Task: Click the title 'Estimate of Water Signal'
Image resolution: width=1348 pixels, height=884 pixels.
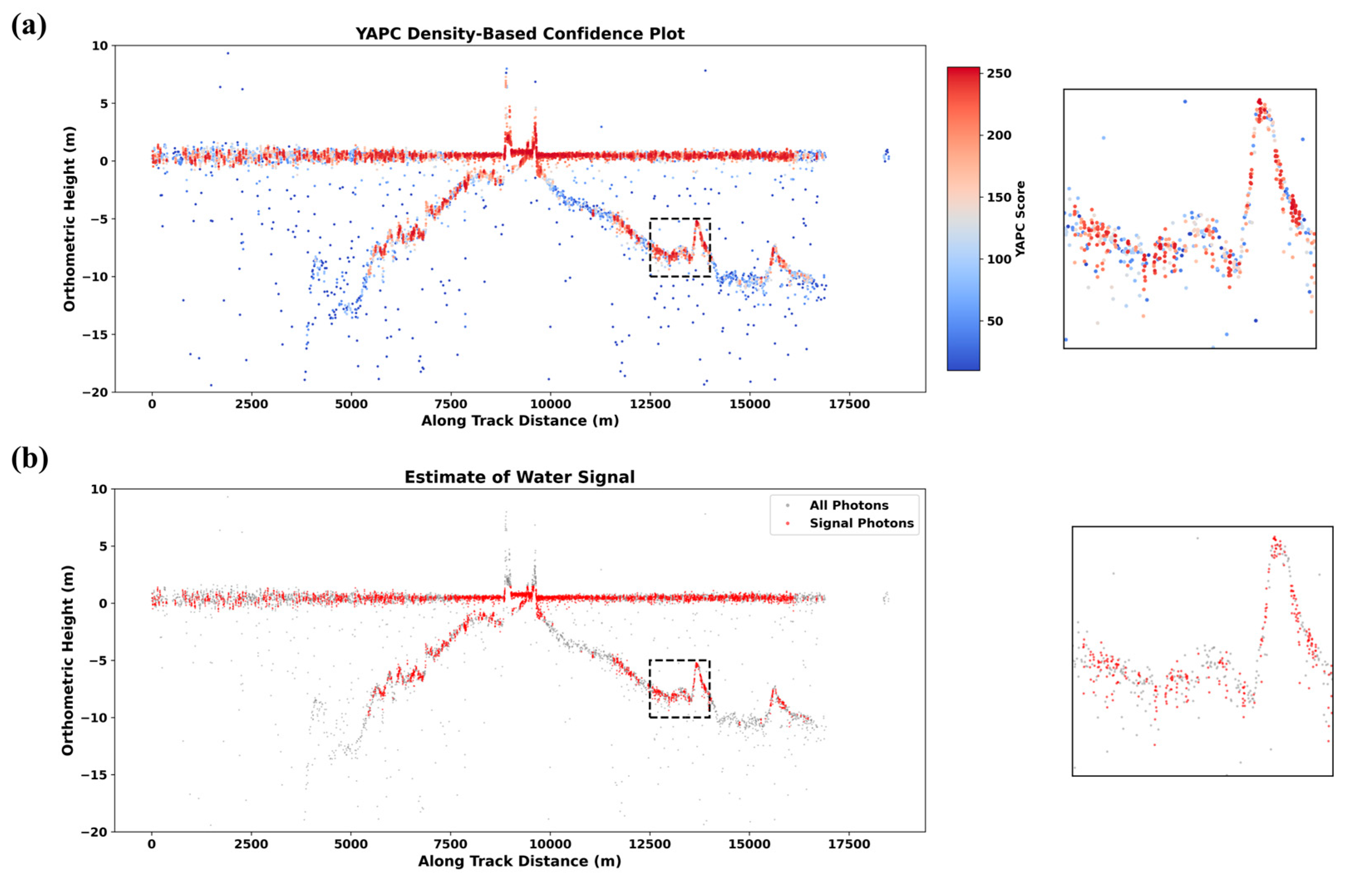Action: (x=519, y=477)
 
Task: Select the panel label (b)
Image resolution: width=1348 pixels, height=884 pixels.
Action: (x=30, y=459)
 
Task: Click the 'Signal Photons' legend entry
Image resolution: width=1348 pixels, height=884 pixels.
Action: (x=861, y=523)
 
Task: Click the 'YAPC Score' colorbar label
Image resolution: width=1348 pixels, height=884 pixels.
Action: (x=1020, y=219)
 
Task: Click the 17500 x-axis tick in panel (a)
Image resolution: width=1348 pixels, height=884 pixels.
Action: (x=849, y=404)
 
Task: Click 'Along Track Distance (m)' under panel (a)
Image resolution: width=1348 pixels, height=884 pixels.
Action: (x=519, y=421)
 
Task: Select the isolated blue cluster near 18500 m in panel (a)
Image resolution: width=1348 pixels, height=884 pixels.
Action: (x=886, y=155)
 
